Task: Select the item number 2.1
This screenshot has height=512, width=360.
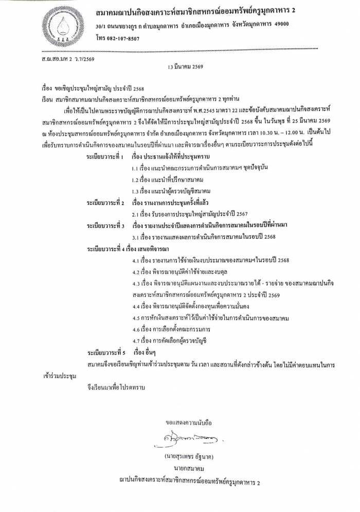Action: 136,214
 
